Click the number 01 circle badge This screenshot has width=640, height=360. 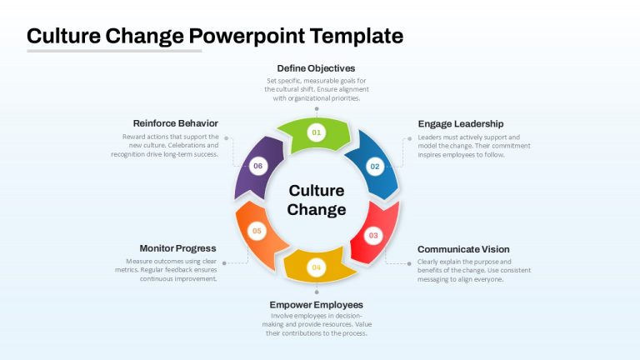pyautogui.click(x=317, y=132)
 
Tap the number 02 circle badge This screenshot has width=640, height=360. pyautogui.click(x=375, y=167)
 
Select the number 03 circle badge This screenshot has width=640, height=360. pyautogui.click(x=373, y=236)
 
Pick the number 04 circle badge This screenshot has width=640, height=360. pyautogui.click(x=317, y=267)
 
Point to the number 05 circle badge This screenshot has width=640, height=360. pyautogui.click(x=257, y=231)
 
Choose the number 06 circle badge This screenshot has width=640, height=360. pyautogui.click(x=258, y=166)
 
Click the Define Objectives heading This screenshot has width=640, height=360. pyautogui.click(x=316, y=68)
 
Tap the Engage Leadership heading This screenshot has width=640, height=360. pyautogui.click(x=461, y=124)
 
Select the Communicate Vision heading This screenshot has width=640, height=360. pyautogui.click(x=463, y=249)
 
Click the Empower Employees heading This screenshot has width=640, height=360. pyautogui.click(x=317, y=305)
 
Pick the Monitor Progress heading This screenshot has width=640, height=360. pyautogui.click(x=178, y=248)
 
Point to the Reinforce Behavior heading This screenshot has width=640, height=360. pyautogui.click(x=176, y=123)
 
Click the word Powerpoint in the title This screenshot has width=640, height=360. pyautogui.click(x=247, y=36)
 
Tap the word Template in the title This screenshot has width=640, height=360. pyautogui.click(x=357, y=36)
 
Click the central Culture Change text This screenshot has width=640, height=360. pyautogui.click(x=317, y=200)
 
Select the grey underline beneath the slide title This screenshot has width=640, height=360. pyautogui.click(x=114, y=51)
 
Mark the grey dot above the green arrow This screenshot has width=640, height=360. pyautogui.click(x=317, y=109)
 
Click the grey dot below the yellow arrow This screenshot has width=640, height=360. pyautogui.click(x=317, y=292)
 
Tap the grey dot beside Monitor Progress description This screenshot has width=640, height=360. pyautogui.click(x=224, y=263)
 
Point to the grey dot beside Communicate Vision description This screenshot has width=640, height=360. pyautogui.click(x=409, y=263)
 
